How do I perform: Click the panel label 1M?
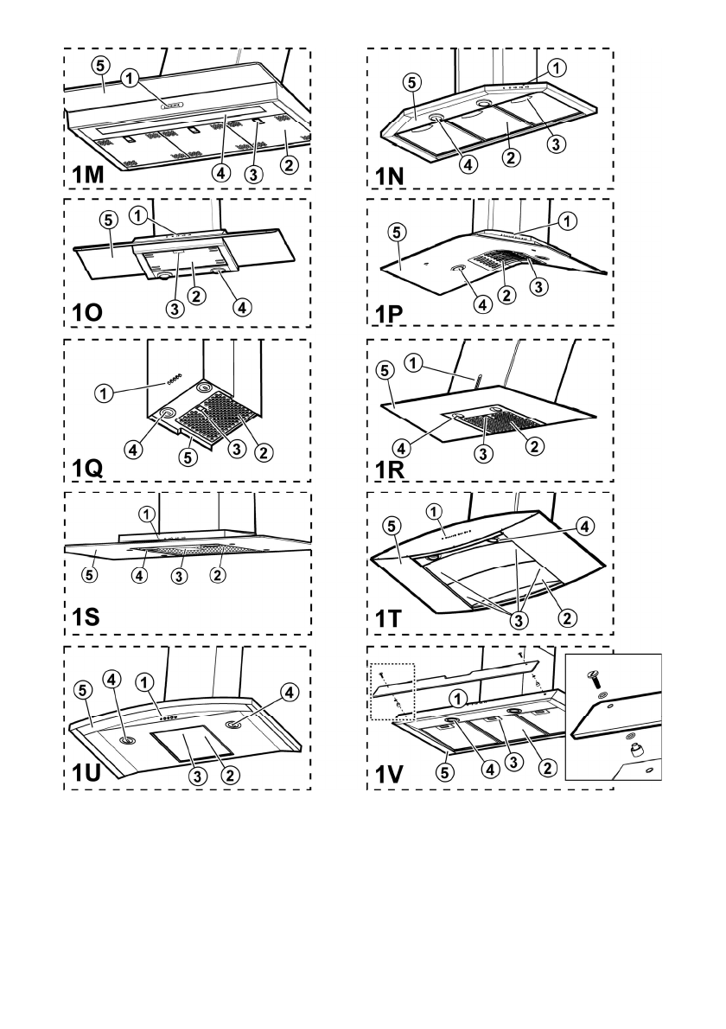pyautogui.click(x=88, y=174)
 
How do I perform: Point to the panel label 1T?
pyautogui.click(x=390, y=622)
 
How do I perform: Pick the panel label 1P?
pyautogui.click(x=391, y=316)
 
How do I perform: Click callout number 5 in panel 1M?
pyautogui.click(x=99, y=65)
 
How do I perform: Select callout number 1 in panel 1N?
pyautogui.click(x=557, y=67)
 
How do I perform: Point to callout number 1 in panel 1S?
pyautogui.click(x=150, y=514)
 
